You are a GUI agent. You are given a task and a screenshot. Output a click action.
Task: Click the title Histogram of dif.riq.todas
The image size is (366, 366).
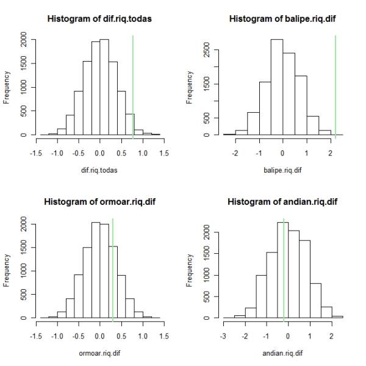pyautogui.click(x=100, y=20)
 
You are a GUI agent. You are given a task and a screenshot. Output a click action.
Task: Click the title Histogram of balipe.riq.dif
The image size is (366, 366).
pyautogui.click(x=283, y=20)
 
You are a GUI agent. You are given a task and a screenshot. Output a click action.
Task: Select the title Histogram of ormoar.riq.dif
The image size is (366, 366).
pyautogui.click(x=100, y=202)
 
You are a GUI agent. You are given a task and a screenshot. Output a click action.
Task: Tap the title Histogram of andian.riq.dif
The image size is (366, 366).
pyautogui.click(x=283, y=202)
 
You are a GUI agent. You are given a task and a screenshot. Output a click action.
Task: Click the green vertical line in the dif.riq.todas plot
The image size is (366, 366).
pyautogui.click(x=133, y=85)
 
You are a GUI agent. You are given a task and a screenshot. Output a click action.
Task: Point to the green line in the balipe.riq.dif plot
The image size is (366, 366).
pyautogui.click(x=335, y=85)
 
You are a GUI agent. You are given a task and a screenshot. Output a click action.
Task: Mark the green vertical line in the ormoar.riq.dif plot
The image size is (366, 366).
pyautogui.click(x=113, y=268)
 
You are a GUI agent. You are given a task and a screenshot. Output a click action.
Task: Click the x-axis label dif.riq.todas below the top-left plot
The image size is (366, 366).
pyautogui.click(x=100, y=170)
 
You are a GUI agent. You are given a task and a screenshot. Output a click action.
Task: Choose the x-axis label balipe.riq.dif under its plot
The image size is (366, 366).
pyautogui.click(x=283, y=170)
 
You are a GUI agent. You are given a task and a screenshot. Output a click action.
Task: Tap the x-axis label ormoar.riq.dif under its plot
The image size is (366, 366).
pyautogui.click(x=100, y=353)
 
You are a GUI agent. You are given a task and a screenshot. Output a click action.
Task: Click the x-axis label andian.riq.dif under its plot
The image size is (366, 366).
pyautogui.click(x=283, y=353)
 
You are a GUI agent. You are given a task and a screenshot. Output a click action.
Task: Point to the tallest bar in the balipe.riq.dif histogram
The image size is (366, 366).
pyautogui.click(x=276, y=85)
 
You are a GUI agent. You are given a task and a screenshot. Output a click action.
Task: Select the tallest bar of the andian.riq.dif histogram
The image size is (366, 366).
pyautogui.click(x=282, y=268)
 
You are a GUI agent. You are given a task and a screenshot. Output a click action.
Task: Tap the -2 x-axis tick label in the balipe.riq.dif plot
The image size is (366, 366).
pyautogui.click(x=235, y=152)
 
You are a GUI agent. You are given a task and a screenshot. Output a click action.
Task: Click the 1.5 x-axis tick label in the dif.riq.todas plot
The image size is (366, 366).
pyautogui.click(x=163, y=152)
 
